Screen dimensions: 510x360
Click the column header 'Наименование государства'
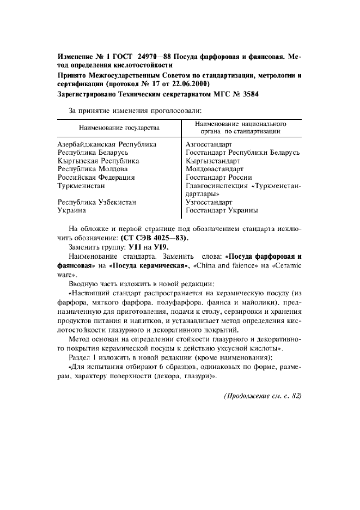point(119,127)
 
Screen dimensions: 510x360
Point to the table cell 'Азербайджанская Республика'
point(107,144)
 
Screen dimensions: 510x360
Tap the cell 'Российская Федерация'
point(96,177)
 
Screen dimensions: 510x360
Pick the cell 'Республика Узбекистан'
point(96,202)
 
